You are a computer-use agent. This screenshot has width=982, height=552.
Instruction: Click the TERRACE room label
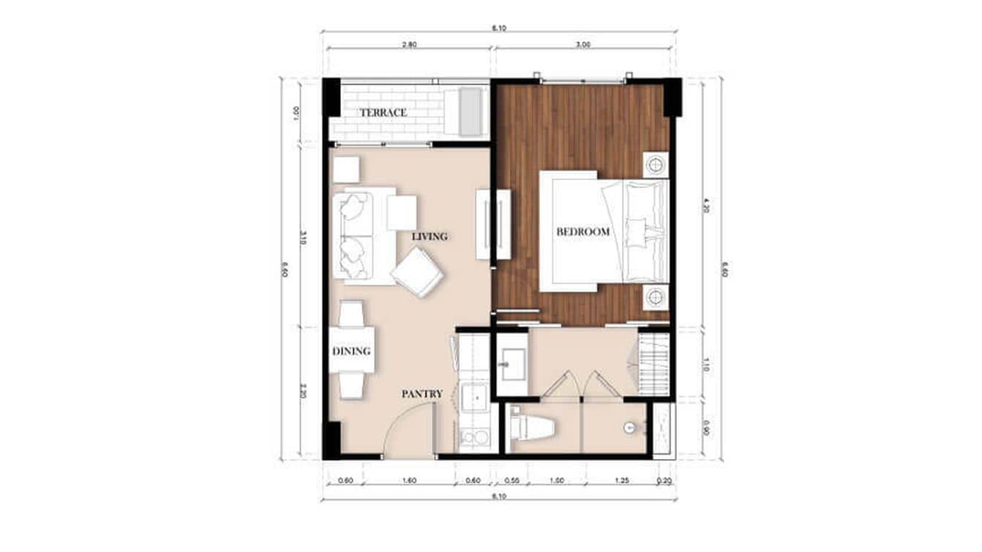coord(383,113)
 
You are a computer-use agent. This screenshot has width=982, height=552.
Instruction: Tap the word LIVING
coord(429,236)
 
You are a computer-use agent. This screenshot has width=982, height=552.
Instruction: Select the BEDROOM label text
coord(583,232)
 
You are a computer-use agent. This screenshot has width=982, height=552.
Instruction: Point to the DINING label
coord(351,351)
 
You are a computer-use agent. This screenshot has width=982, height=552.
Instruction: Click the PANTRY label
coord(421,394)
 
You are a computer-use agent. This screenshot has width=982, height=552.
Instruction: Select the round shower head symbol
coord(628,427)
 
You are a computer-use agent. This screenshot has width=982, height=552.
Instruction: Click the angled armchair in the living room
coord(418,272)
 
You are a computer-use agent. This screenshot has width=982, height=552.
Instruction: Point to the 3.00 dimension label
coord(582,45)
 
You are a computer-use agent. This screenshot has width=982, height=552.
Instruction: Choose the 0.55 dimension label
coord(512,481)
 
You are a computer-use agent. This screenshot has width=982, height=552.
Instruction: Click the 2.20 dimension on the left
coord(303,392)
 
